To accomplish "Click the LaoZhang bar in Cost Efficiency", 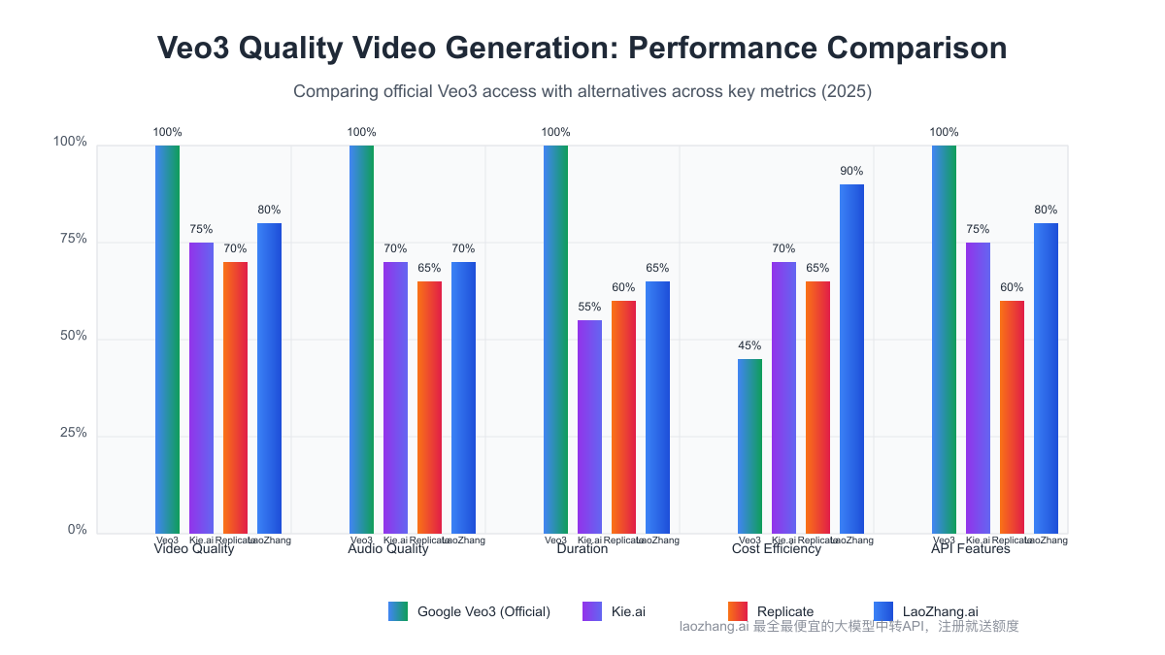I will (851, 359).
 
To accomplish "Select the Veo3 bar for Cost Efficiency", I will (749, 446).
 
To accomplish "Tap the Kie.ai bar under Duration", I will (589, 427).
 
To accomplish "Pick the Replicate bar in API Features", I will (1012, 417).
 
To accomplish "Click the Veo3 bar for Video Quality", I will (167, 340).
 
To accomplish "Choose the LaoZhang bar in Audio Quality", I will (463, 398).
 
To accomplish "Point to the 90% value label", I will (851, 171).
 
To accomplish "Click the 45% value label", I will (749, 345).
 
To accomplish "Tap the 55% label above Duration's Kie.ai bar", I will (589, 307).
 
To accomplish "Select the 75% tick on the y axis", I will (70, 240).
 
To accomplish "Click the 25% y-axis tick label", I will (70, 434).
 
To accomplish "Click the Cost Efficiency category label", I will (776, 549).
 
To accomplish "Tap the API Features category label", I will (970, 549).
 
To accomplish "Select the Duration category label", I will (582, 549).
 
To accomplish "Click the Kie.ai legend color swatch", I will (592, 611).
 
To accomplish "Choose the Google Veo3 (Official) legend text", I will (483, 611).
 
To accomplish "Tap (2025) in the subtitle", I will (846, 92).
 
